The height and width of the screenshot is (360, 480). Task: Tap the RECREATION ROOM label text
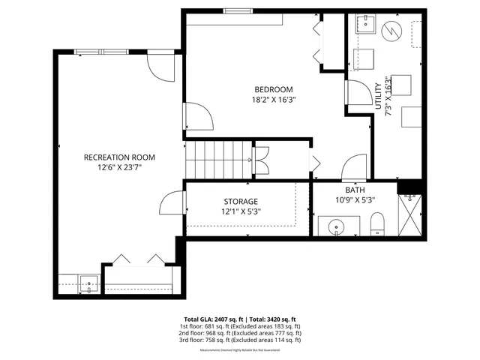119,157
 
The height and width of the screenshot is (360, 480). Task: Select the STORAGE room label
241,202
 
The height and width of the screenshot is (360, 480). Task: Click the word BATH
355,190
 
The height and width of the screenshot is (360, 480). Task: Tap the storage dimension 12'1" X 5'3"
241,212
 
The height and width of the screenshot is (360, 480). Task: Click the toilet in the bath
377,222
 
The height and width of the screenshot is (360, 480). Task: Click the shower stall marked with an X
410,215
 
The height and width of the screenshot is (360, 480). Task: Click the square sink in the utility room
365,25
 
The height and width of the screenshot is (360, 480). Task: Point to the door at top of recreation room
160,66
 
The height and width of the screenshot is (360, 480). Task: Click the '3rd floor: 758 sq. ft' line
240,340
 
